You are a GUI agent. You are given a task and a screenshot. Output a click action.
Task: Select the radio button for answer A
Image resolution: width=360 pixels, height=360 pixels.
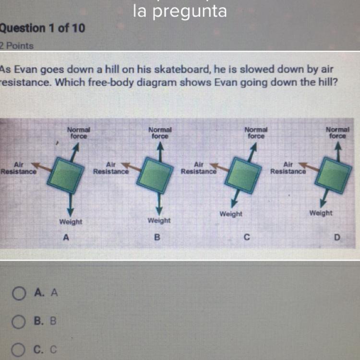tap(19, 293)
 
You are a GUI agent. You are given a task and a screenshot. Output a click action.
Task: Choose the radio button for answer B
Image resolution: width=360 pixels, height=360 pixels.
tap(18, 322)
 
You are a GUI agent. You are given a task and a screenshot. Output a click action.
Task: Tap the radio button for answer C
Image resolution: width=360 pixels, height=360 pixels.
tap(18, 350)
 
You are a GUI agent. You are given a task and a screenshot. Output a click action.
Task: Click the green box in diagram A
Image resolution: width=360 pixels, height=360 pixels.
tap(66, 175)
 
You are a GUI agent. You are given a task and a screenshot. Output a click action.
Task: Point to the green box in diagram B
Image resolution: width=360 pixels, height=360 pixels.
tap(155, 175)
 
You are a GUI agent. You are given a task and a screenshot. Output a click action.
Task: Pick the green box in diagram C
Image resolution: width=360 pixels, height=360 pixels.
tap(243, 175)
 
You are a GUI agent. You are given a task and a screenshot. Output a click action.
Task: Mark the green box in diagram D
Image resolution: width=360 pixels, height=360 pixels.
tap(333, 175)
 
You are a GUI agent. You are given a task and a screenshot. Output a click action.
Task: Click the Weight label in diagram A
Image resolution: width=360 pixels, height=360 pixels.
tap(71, 222)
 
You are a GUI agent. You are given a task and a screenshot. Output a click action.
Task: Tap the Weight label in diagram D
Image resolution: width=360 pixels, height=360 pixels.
tap(321, 213)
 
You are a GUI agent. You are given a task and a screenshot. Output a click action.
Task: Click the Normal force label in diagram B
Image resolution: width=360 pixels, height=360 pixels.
tap(160, 133)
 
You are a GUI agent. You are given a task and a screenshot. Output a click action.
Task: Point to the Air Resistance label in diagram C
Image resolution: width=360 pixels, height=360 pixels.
tap(199, 168)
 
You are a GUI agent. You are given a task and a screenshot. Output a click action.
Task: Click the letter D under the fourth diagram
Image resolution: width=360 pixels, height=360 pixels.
tap(337, 237)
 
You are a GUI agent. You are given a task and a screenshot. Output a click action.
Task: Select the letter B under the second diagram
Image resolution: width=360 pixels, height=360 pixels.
tap(157, 237)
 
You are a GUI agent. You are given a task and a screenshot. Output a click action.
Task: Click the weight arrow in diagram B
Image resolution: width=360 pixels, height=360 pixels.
tap(159, 204)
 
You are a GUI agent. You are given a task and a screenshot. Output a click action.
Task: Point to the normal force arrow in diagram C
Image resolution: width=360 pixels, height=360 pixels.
tap(252, 152)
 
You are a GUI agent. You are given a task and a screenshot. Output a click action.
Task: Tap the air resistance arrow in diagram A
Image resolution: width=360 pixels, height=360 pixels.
tap(41, 167)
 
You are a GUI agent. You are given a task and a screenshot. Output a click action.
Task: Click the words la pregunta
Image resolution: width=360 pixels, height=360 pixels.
tap(180, 11)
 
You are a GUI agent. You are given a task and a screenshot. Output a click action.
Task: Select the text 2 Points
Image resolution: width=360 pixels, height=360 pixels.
tap(16, 46)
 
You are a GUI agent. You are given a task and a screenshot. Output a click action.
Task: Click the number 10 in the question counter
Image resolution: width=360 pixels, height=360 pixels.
tap(79, 28)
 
